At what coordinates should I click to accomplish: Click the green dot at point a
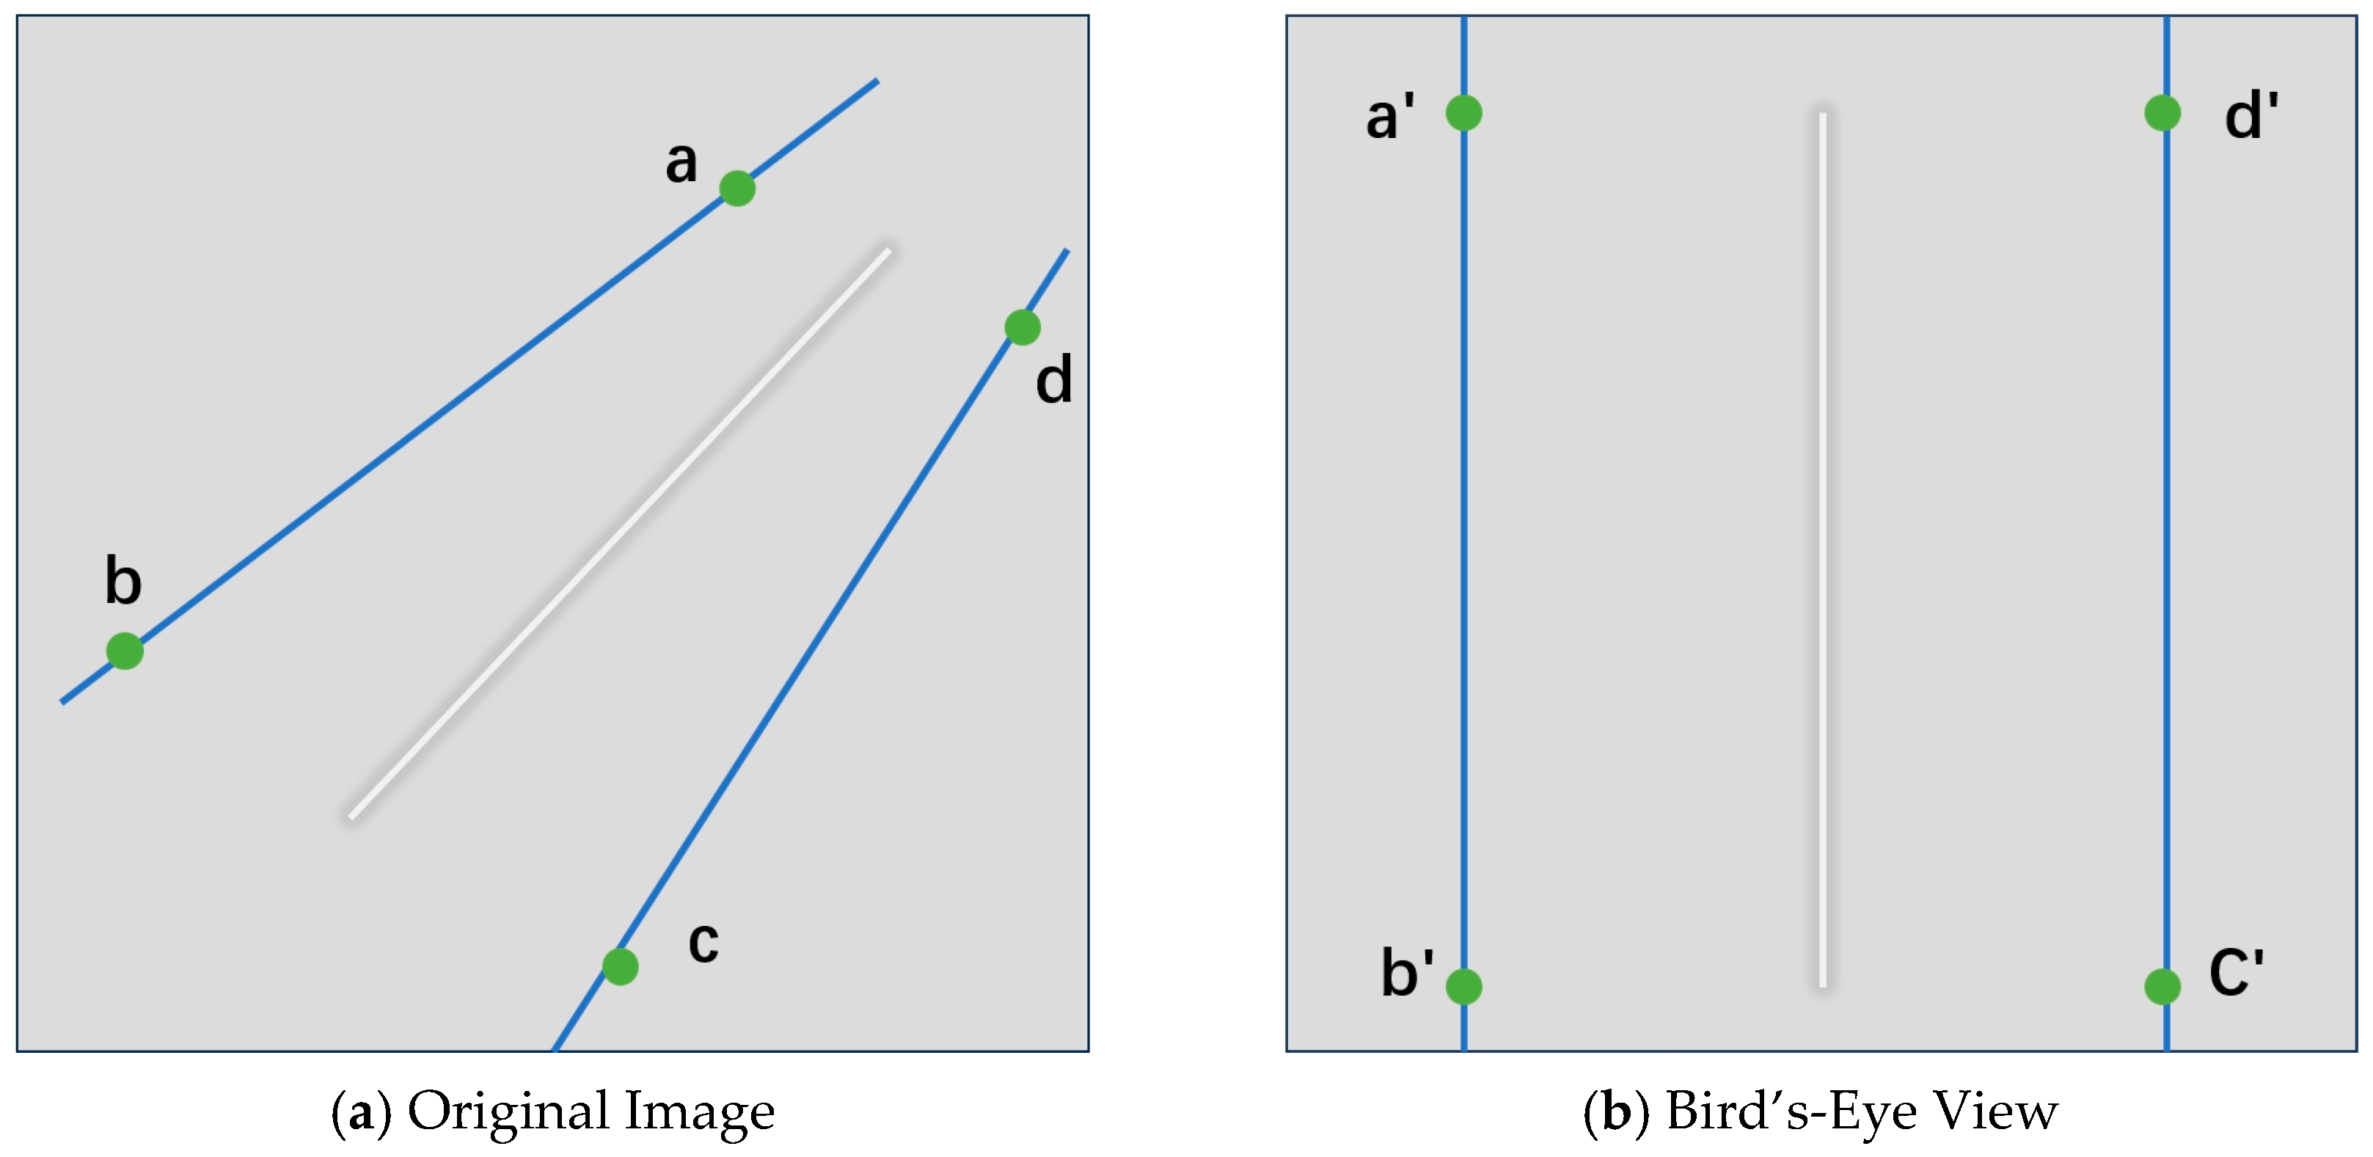pyautogui.click(x=737, y=189)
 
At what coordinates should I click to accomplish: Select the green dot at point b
pyautogui.click(x=125, y=652)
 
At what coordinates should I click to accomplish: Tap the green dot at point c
pyautogui.click(x=620, y=966)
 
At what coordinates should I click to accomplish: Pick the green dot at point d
pyautogui.click(x=1023, y=327)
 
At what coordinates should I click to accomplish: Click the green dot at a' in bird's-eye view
pyautogui.click(x=1464, y=113)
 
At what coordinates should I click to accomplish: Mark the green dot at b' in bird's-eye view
pyautogui.click(x=1464, y=987)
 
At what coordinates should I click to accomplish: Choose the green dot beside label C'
pyautogui.click(x=2162, y=987)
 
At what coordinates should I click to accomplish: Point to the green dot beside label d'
pyautogui.click(x=2162, y=113)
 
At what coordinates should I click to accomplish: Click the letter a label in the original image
pyautogui.click(x=681, y=162)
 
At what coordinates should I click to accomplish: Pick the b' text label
pyautogui.click(x=1407, y=973)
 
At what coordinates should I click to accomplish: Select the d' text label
pyautogui.click(x=2250, y=117)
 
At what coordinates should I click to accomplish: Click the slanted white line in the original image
pyautogui.click(x=620, y=533)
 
